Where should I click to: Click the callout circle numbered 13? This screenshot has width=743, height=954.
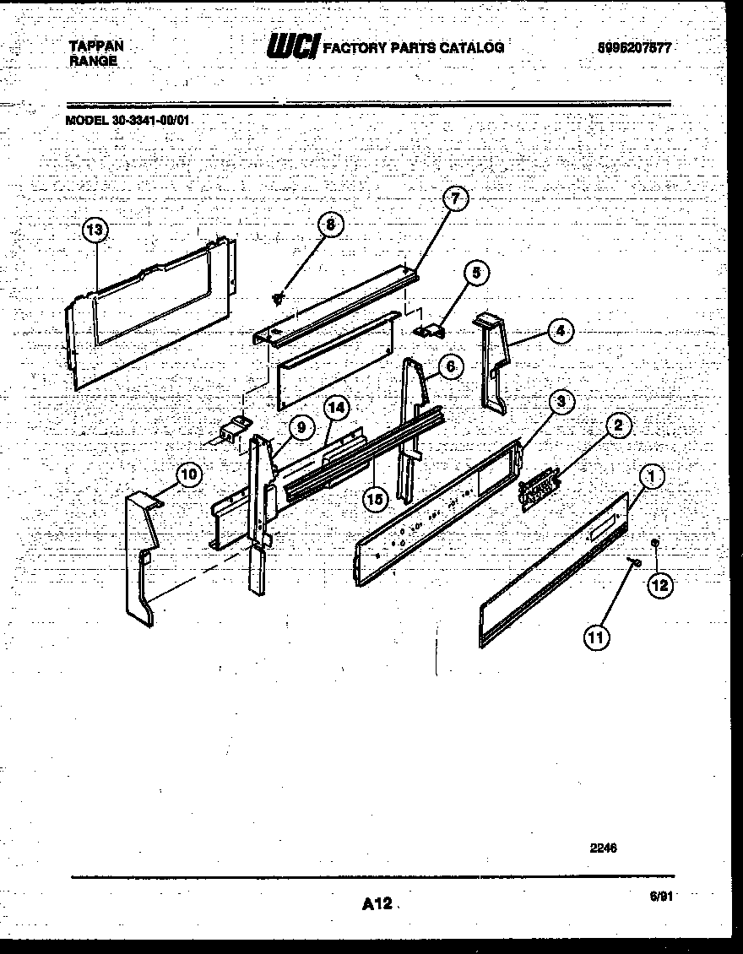[x=96, y=230]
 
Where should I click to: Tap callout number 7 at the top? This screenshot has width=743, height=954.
[x=455, y=200]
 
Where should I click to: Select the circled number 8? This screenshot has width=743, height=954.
[x=331, y=225]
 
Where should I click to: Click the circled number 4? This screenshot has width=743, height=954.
[x=559, y=332]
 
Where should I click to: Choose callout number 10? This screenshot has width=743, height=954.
[x=188, y=475]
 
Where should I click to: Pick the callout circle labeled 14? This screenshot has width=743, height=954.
[x=336, y=408]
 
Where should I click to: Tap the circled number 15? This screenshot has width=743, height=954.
[x=376, y=499]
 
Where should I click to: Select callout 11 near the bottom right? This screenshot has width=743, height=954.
[x=596, y=638]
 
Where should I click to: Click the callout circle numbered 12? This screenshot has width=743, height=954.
[x=661, y=583]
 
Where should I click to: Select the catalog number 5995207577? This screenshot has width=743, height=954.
[x=633, y=48]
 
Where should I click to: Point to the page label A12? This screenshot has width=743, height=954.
[x=377, y=904]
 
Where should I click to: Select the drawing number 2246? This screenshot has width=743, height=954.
[x=603, y=847]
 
